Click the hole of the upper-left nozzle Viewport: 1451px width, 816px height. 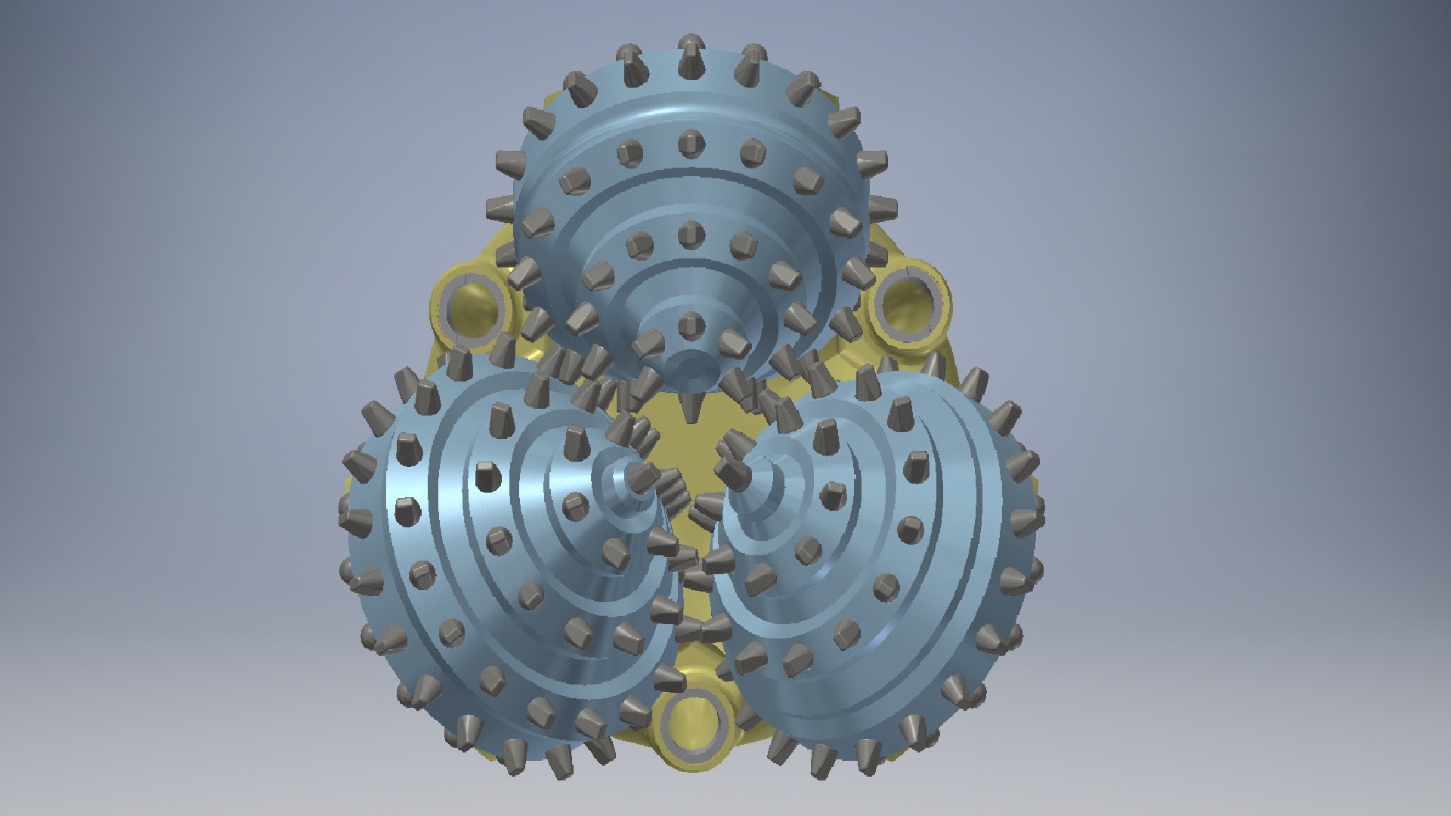(x=474, y=301)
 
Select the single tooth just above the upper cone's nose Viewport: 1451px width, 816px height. (x=688, y=325)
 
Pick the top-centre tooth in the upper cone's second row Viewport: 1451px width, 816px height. (x=690, y=141)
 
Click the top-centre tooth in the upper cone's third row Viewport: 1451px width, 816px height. (x=689, y=233)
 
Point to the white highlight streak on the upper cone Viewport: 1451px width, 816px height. (x=665, y=113)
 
